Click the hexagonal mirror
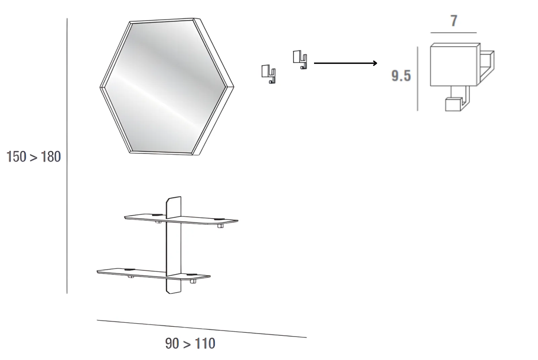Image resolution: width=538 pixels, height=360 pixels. point(167,86)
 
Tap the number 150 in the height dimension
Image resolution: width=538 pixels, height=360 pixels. point(16,157)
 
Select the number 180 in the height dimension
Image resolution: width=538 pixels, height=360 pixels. point(51,157)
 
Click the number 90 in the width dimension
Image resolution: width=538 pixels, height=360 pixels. point(172,343)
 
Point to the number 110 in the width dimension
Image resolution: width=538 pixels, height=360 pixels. point(205,343)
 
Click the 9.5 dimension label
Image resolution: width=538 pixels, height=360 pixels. point(401,76)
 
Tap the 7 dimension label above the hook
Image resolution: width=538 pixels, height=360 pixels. point(454,21)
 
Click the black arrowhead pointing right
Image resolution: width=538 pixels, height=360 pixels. point(375,63)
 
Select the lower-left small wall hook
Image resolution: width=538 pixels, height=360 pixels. point(269,74)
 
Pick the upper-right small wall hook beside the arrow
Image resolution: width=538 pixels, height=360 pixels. point(300,60)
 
